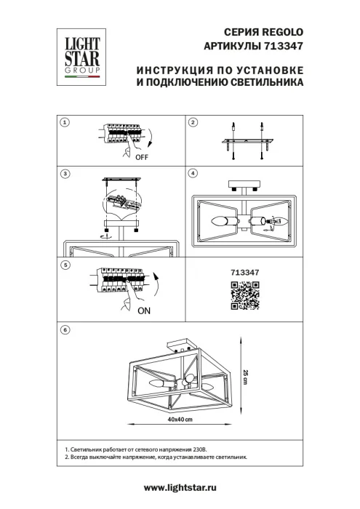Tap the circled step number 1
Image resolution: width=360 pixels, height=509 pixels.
pyautogui.click(x=65, y=123)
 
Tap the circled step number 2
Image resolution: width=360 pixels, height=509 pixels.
pyautogui.click(x=193, y=123)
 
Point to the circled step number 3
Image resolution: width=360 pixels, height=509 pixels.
pyautogui.click(x=65, y=175)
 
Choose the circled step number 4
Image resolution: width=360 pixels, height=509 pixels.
pyautogui.click(x=193, y=175)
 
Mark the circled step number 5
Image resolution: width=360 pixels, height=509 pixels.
pyautogui.click(x=65, y=266)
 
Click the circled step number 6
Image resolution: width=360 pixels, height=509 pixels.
pyautogui.click(x=65, y=330)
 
